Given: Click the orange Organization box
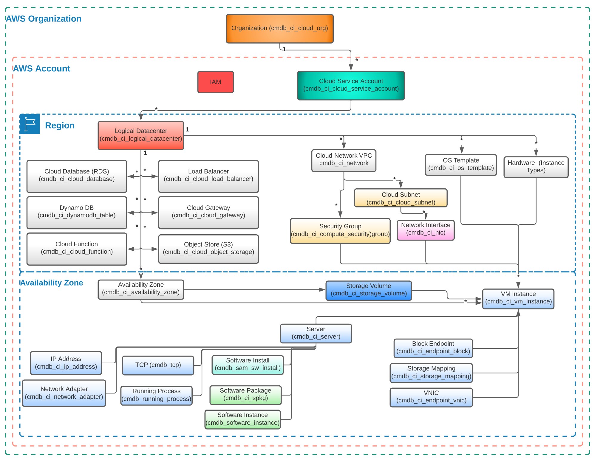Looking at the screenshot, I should pos(279,29).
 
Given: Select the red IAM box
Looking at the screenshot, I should pos(215,82).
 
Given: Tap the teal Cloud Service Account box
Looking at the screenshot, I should pos(351,85).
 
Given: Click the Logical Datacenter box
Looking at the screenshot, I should pos(141,135).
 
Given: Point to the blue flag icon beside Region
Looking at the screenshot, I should pos(30,124).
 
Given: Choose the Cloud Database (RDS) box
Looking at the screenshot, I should pos(77,176).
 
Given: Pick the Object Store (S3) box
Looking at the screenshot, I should pos(208,249).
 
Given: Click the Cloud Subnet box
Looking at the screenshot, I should pos(401,198).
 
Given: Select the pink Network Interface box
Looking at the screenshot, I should pos(425,230).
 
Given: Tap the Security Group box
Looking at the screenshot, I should pos(340,231).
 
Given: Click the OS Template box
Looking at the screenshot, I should pos(460,165).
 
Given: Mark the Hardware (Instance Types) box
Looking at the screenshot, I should pos(536,167).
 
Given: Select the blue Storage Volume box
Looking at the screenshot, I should pos(368,290).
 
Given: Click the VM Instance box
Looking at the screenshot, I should pos(518,298).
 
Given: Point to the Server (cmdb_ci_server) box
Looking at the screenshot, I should pos(316,333).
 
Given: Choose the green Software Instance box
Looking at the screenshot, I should pos(242,419).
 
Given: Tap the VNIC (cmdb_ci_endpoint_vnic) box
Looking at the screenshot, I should pos(431,397).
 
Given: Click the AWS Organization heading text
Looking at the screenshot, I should pos(44,19).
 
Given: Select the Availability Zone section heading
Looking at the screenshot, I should pos(52,283).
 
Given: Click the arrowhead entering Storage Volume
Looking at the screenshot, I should pos(322,289).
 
